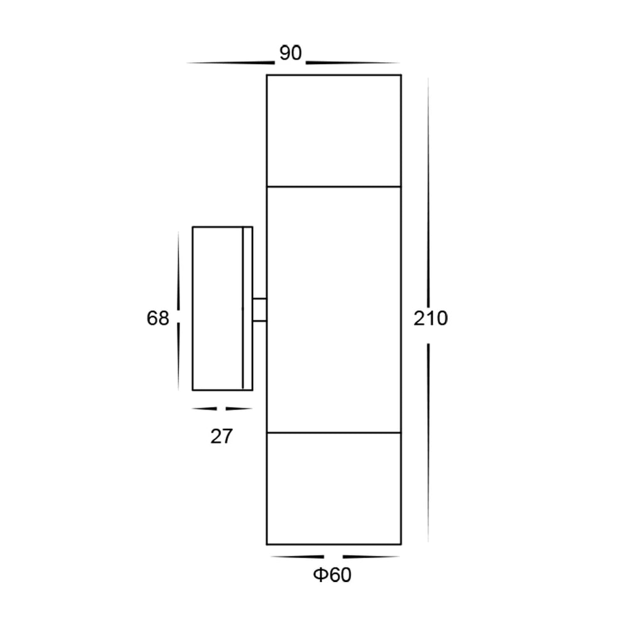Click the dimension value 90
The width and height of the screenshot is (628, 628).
pos(290,54)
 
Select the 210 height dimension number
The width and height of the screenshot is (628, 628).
pos(430,319)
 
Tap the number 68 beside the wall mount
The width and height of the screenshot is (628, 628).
pos(158,319)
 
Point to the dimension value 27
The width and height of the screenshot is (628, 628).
pos(221,436)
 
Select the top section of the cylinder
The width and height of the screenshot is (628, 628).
pos(333,131)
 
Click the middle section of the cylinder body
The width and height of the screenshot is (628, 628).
pos(333,310)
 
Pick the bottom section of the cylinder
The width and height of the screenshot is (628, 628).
pos(333,488)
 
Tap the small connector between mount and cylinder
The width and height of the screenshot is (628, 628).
pos(259,310)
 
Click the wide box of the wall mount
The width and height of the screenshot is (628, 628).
pos(217,308)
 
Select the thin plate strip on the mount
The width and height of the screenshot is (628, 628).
pos(247,308)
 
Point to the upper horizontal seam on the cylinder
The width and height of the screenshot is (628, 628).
pos(333,187)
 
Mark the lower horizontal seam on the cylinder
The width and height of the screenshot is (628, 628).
pos(333,433)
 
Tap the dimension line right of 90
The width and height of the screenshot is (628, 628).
pos(352,63)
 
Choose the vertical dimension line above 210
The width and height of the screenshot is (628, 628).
pos(428,188)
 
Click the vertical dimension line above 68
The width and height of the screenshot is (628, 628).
pos(178,270)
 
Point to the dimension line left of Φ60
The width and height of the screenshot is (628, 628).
pos(296,557)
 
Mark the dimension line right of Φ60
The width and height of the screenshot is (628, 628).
pos(371,557)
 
